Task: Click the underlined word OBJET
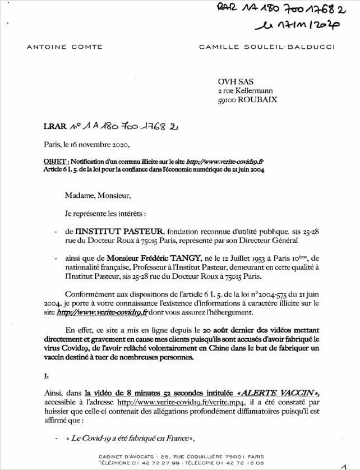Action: click(x=54, y=160)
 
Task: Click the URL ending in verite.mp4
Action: click(x=197, y=399)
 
